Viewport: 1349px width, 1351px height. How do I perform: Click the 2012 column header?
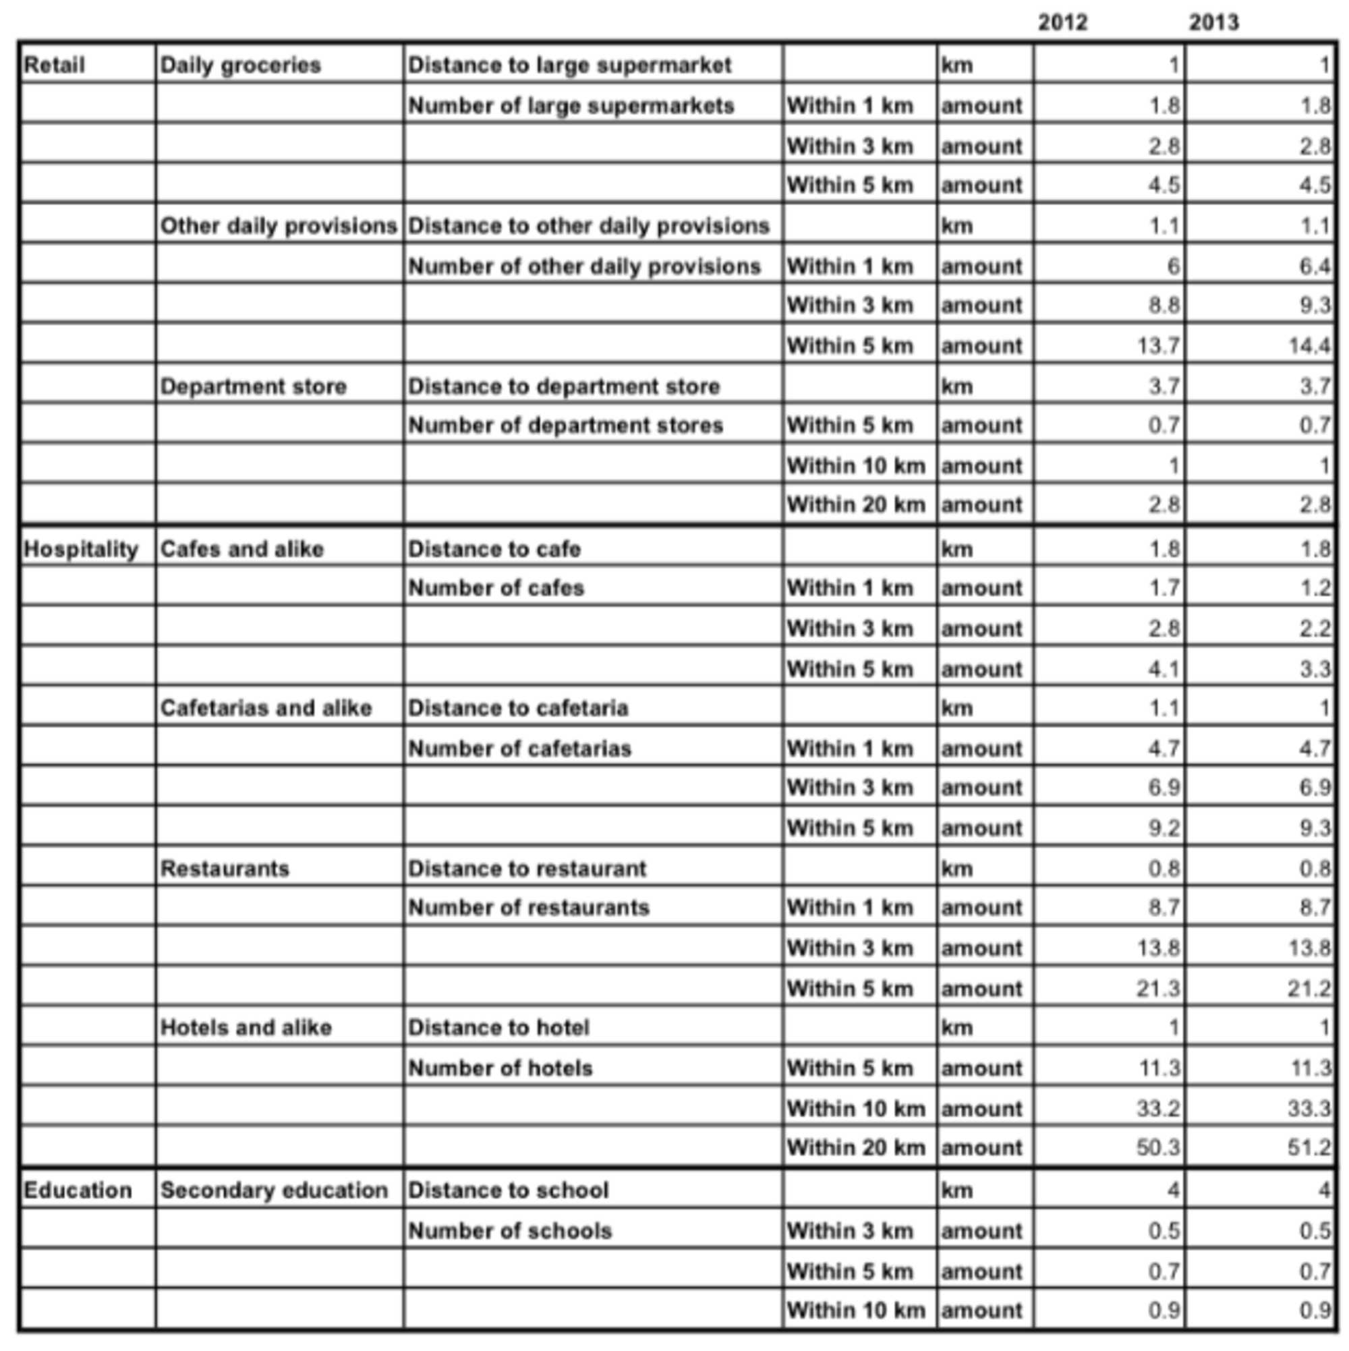click(1062, 22)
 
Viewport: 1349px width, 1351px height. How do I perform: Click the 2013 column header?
click(1213, 22)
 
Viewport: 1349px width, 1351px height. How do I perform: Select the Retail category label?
click(54, 65)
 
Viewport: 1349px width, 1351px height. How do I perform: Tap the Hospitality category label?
click(80, 549)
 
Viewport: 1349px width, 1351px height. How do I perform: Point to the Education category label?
click(78, 1190)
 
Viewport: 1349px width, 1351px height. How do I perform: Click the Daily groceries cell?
click(241, 65)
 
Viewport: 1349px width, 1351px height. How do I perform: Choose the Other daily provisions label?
click(279, 226)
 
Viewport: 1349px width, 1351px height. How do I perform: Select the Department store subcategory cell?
click(253, 386)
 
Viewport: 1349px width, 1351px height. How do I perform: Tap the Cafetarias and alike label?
click(266, 708)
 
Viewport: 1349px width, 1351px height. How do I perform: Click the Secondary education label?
click(274, 1190)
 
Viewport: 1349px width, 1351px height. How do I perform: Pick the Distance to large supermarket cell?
click(569, 65)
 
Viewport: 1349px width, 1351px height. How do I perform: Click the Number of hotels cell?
click(500, 1068)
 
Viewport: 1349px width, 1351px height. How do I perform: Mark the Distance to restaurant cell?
click(527, 869)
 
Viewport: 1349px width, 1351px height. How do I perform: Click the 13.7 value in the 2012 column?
click(1158, 345)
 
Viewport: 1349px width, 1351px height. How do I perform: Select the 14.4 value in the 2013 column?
click(1309, 345)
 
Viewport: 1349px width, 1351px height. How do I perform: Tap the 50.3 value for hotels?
click(1158, 1147)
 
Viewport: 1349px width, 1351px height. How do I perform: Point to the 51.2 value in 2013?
click(1309, 1147)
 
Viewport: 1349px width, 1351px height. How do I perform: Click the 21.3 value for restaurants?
click(1158, 989)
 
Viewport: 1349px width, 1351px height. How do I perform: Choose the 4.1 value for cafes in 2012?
click(1163, 669)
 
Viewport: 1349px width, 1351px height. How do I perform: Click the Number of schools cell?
click(510, 1231)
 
